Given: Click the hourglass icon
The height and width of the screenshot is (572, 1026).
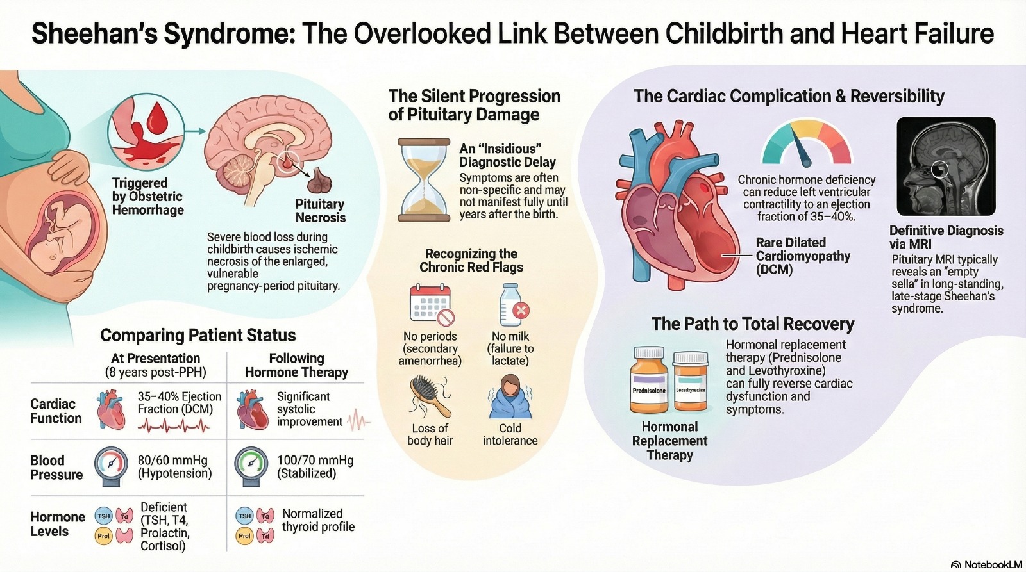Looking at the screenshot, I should point(424,179).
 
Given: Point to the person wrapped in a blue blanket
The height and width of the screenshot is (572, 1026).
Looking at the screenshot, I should point(510,396).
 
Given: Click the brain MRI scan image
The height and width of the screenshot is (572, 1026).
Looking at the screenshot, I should point(945,166).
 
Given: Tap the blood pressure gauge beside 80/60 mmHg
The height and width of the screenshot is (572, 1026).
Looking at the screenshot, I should point(114,467).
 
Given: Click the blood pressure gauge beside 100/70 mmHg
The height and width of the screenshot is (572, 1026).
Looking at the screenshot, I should point(251,467).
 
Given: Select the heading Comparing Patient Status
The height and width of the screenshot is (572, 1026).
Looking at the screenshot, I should point(198,335).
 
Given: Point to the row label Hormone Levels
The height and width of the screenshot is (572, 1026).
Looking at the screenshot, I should point(58,524).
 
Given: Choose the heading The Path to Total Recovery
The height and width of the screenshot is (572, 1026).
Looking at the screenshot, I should point(753,324).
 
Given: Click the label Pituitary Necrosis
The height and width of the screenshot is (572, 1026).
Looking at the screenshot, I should point(320,211).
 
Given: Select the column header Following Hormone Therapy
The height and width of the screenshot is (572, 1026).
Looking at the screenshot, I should point(296,365).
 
